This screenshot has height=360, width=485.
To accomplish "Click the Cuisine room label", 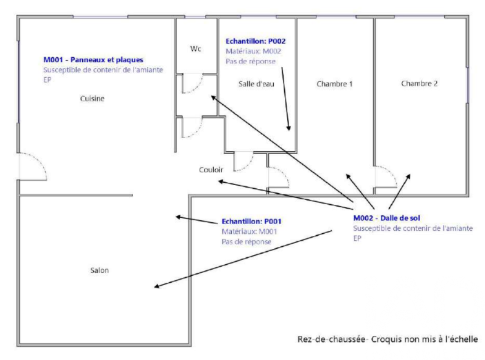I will tap(92, 99).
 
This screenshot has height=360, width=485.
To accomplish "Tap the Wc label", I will tap(195, 49).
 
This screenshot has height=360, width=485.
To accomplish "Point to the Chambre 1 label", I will tap(335, 84).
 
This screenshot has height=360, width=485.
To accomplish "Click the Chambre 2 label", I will tap(419, 83).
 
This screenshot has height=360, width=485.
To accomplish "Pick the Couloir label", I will tap(211, 169).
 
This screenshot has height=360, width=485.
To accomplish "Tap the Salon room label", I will tap(99, 270).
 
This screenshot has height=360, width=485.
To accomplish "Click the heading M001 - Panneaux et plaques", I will tap(93, 60).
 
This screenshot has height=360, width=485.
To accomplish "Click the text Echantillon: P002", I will tap(255, 41).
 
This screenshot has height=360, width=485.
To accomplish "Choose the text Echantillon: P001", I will tap(252, 221).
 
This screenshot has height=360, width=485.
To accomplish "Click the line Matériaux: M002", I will tap(253, 51).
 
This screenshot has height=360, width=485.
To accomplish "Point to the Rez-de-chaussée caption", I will tap(387, 339).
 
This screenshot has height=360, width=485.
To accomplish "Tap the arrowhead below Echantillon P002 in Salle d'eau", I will tap(290, 128).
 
